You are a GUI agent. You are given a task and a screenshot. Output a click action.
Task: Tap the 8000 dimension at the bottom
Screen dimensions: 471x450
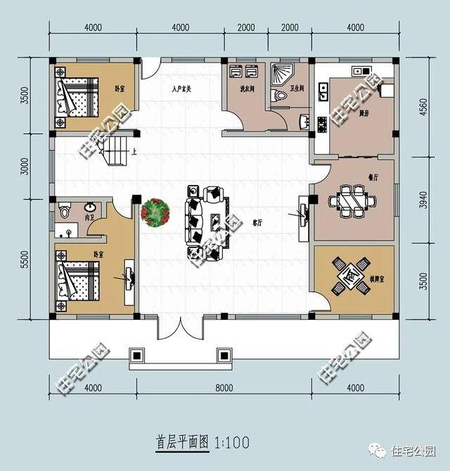[x=224, y=388]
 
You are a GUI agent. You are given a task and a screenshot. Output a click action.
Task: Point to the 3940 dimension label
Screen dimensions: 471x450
[x=423, y=201]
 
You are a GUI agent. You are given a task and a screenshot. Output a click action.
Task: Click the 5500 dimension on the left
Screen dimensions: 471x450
[x=26, y=261]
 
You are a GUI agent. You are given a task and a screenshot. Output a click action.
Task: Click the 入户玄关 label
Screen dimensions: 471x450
[x=181, y=89]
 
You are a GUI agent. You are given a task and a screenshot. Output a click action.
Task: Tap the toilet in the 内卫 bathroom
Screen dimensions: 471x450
[x=65, y=210]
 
